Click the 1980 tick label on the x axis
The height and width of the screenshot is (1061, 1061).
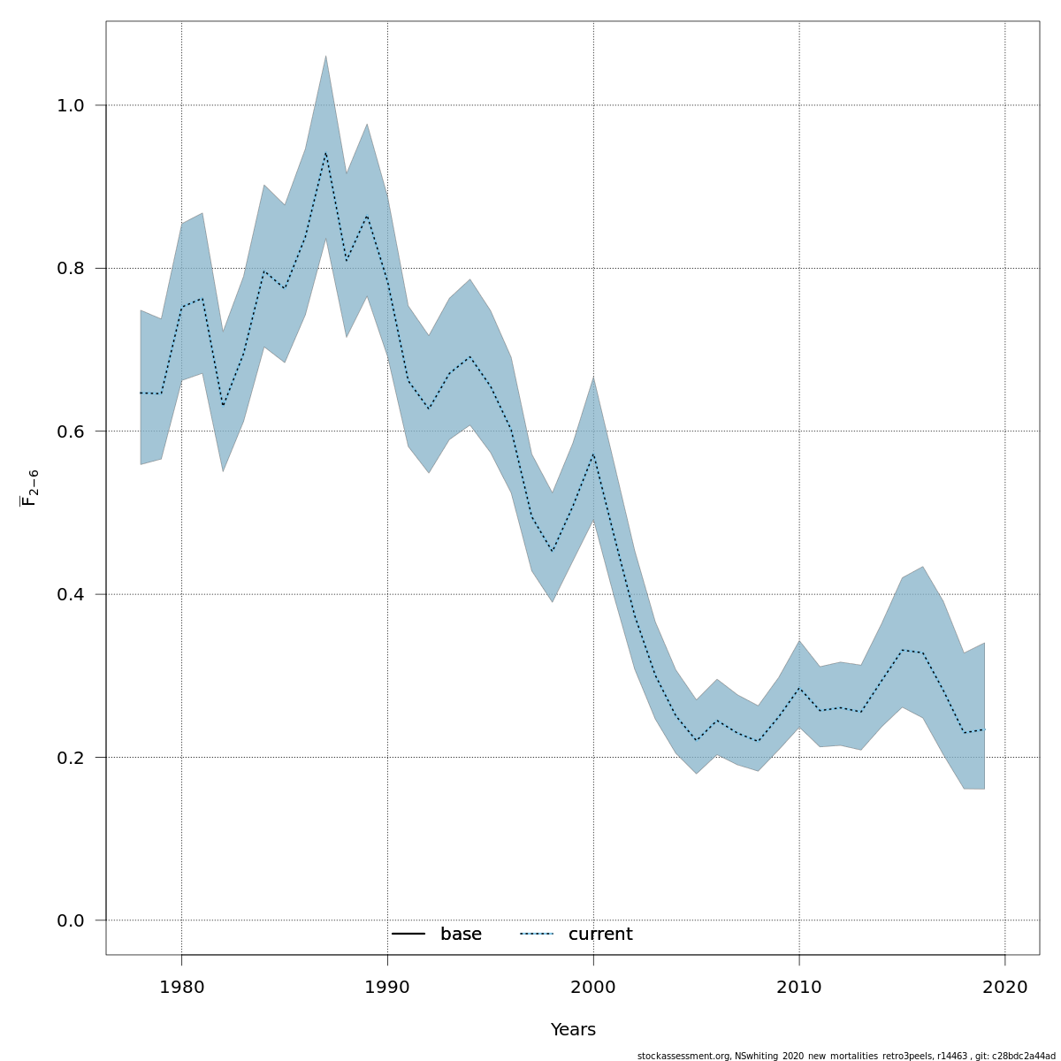point(181,987)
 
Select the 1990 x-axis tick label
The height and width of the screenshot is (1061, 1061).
point(387,987)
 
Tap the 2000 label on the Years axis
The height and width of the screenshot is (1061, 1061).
point(593,987)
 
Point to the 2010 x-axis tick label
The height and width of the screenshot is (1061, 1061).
point(799,987)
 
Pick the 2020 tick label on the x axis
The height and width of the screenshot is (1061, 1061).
point(1005,987)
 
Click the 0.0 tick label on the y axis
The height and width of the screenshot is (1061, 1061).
point(70,920)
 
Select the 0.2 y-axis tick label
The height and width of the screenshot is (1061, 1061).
point(70,758)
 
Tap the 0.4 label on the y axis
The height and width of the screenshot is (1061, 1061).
point(70,594)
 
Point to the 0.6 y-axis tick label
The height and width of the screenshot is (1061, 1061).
point(70,431)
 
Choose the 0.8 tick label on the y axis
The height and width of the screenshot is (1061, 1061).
point(70,268)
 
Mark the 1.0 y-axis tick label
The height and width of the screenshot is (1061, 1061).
point(70,105)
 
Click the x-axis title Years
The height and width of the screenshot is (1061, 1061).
point(573,1030)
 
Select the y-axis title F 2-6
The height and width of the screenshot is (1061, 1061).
point(30,487)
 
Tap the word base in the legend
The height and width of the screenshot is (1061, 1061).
point(461,935)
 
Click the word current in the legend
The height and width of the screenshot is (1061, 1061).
point(600,935)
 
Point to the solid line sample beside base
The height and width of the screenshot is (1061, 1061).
point(408,935)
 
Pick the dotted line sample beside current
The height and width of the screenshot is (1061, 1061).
point(536,935)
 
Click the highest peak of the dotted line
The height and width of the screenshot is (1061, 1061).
point(325,152)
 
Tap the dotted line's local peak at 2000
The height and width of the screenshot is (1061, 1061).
point(593,454)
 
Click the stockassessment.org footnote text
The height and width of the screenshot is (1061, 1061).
point(846,1056)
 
